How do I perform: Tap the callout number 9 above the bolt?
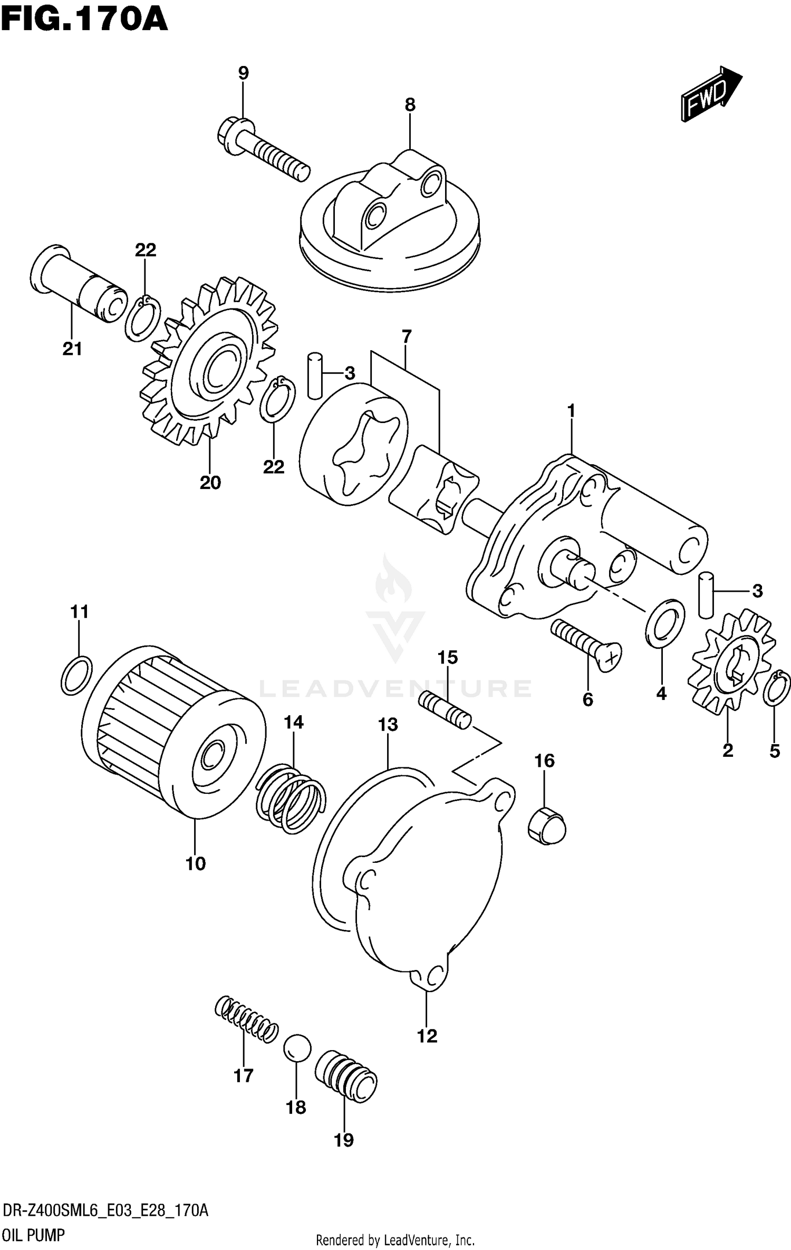click(243, 73)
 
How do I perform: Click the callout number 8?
click(410, 104)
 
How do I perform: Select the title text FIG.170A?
click(84, 21)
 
